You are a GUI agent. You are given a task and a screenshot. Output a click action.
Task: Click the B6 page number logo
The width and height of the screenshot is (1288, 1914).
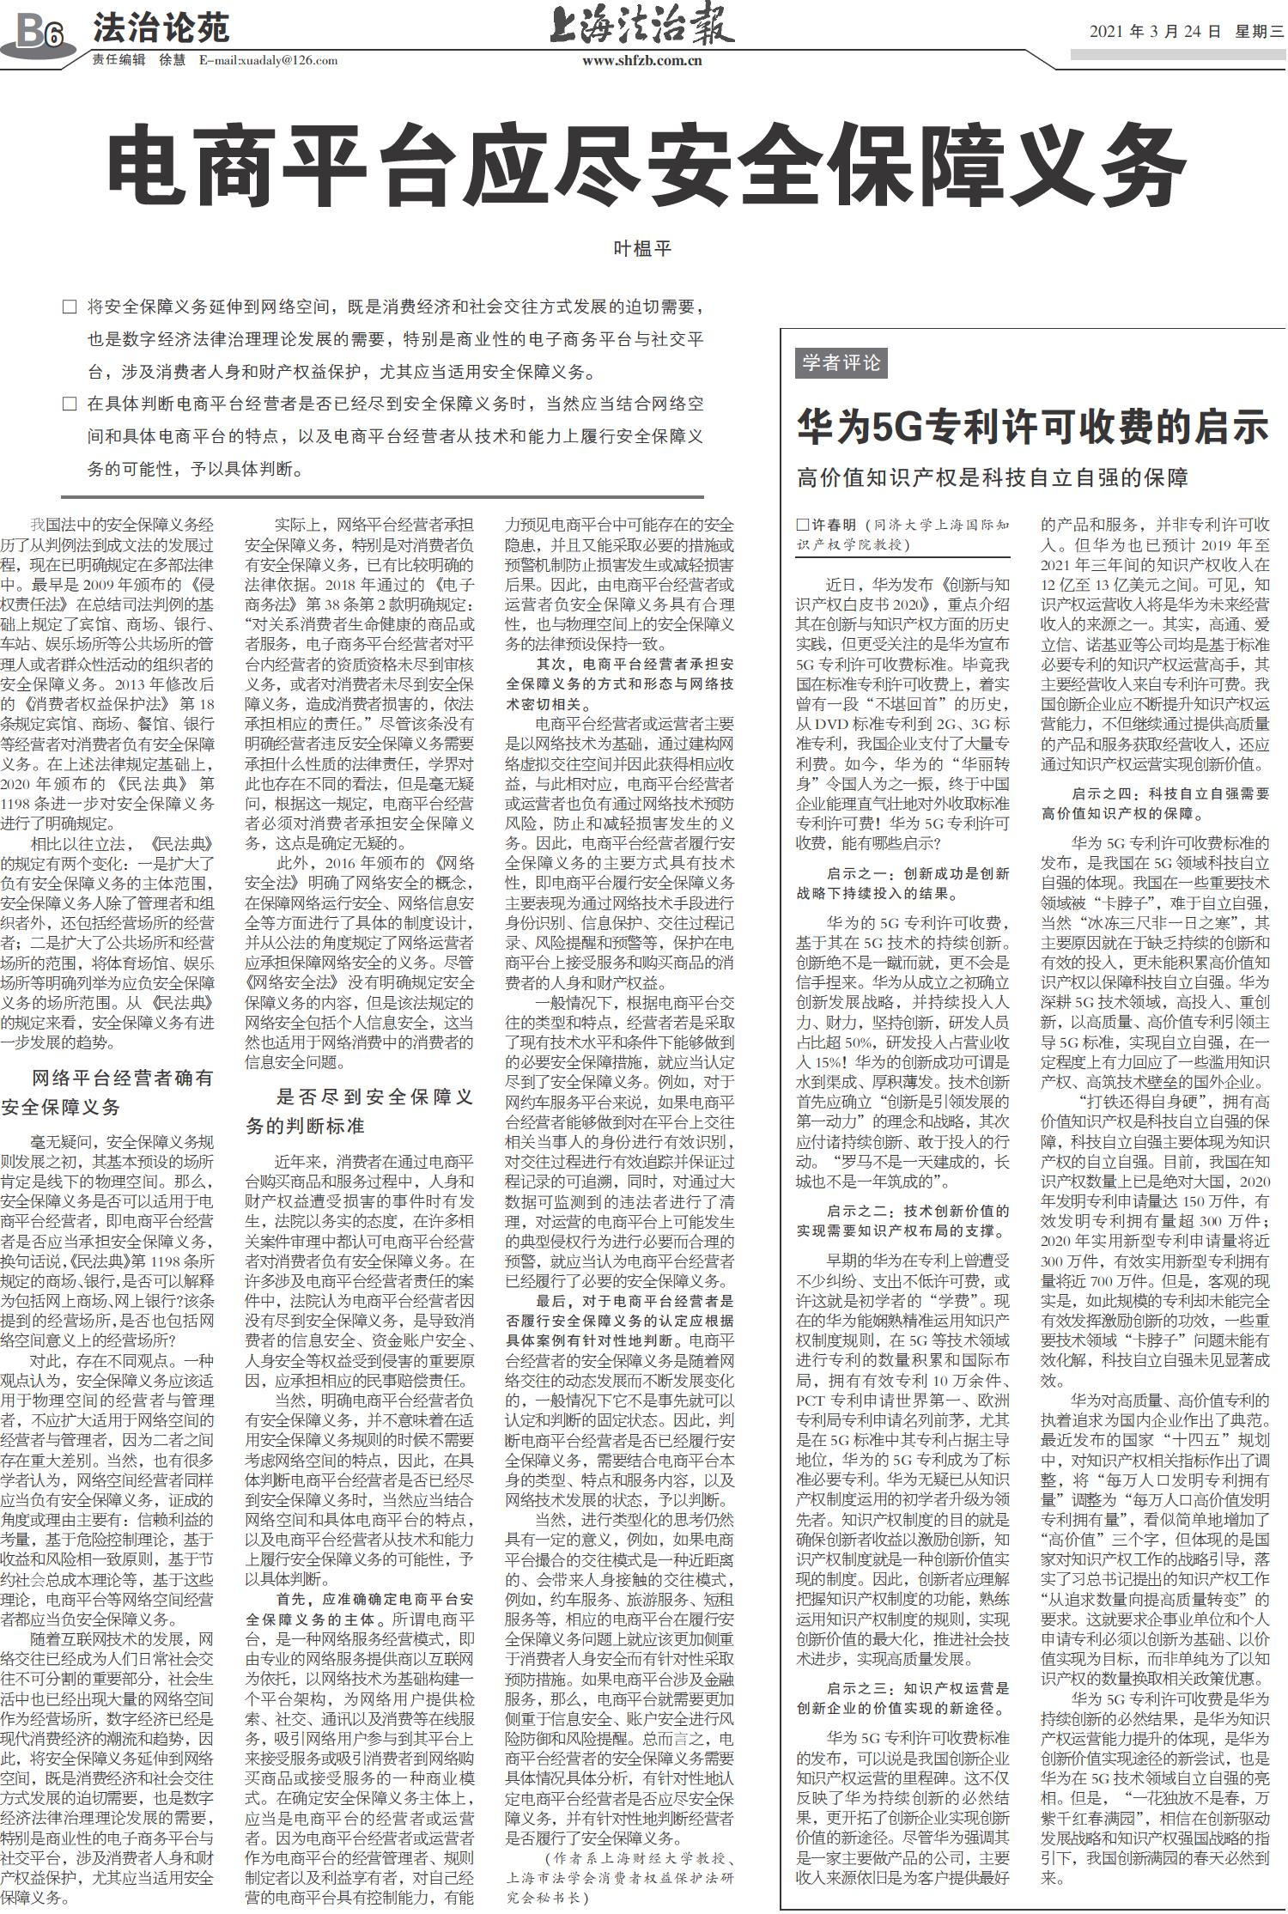(x=39, y=33)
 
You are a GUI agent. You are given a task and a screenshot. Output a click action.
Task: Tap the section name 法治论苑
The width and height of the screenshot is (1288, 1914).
(x=161, y=27)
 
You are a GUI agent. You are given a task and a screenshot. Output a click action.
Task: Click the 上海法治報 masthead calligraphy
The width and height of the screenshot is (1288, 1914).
(x=642, y=26)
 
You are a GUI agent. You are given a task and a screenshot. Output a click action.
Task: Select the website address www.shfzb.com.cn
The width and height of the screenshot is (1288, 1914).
(x=642, y=60)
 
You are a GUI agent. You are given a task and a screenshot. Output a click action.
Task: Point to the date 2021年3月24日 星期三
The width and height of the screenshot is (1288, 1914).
(x=1186, y=32)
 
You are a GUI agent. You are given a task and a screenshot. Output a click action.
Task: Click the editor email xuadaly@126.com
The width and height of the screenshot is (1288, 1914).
(x=268, y=60)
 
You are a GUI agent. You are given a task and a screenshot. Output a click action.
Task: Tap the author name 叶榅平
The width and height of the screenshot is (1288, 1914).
(x=641, y=249)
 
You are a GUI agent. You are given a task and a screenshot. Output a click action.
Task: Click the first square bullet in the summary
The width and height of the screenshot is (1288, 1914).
(x=70, y=307)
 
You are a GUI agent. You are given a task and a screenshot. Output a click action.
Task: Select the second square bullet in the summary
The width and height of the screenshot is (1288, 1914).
(x=70, y=404)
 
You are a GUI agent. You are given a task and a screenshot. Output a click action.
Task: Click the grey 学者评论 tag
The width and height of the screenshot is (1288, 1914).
(x=841, y=363)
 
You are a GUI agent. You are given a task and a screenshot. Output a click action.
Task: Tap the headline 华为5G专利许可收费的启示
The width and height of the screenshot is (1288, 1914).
(x=1032, y=426)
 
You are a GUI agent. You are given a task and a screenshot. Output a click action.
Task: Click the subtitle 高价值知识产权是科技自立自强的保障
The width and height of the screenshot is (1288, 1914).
(x=992, y=477)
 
